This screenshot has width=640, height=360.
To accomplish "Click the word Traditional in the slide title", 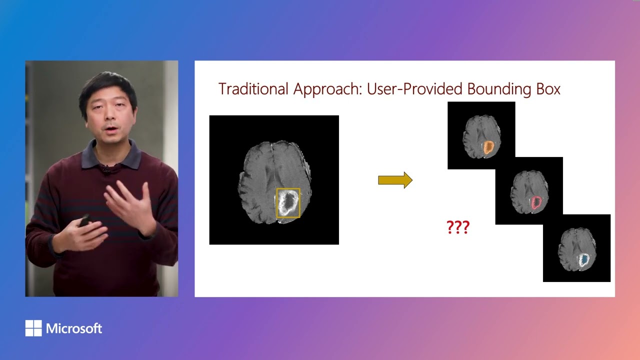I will [253, 89].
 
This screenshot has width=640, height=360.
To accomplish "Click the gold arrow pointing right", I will [395, 180].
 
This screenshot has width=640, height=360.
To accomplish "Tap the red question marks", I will [457, 227].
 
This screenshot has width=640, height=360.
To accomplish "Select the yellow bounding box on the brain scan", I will [288, 203].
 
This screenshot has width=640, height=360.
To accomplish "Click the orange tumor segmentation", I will [488, 147].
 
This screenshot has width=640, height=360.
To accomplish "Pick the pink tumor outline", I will [536, 202].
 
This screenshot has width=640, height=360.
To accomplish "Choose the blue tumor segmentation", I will [583, 259].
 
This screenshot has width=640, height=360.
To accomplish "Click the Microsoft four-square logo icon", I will [33, 328].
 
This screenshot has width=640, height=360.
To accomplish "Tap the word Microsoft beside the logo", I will [74, 328].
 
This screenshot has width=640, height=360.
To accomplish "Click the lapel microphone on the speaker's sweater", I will [106, 170].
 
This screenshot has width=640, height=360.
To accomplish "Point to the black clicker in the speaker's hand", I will [85, 220].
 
